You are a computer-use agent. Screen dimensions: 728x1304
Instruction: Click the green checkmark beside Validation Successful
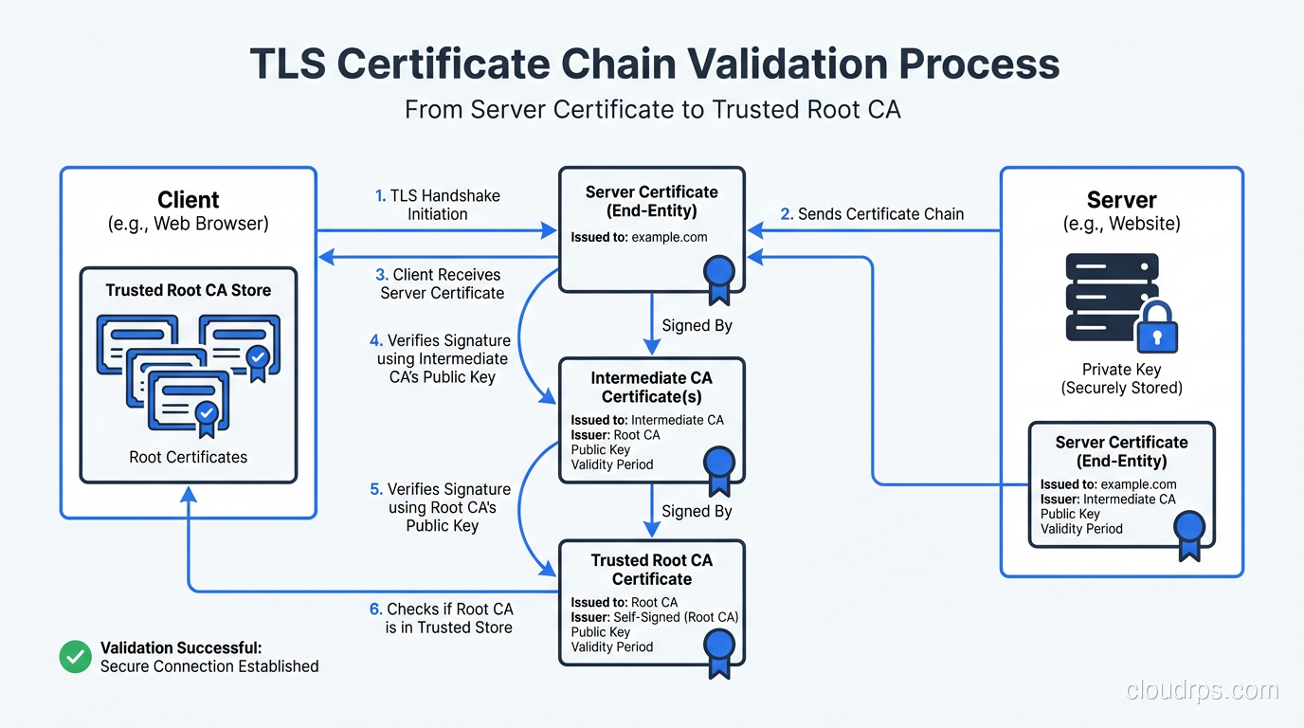coord(75,657)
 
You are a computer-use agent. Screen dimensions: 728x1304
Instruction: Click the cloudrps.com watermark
coord(1203,690)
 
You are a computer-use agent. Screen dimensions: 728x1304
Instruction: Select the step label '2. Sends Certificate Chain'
coord(871,214)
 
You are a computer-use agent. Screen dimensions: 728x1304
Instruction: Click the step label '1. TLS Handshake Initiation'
coord(438,205)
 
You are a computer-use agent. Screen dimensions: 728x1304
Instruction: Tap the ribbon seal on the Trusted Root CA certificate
coord(719,652)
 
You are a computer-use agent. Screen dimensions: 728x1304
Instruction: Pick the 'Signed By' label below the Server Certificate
coord(697,325)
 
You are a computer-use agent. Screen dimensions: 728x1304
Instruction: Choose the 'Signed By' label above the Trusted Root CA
coord(697,511)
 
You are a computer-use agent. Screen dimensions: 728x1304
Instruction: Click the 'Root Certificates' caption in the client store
coord(189,457)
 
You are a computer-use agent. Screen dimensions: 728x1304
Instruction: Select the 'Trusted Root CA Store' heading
coord(189,290)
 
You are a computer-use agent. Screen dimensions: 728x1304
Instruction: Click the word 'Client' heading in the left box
coord(189,200)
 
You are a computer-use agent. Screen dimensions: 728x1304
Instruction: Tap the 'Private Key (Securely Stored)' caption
coord(1121,378)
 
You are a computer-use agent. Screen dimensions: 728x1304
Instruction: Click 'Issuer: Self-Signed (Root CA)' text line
coord(654,617)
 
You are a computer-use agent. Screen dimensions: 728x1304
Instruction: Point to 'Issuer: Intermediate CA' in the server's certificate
coord(1107,499)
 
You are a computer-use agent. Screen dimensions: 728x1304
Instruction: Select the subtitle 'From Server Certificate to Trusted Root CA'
coord(652,110)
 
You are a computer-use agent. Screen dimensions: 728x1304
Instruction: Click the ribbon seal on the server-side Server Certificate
coord(1188,533)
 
